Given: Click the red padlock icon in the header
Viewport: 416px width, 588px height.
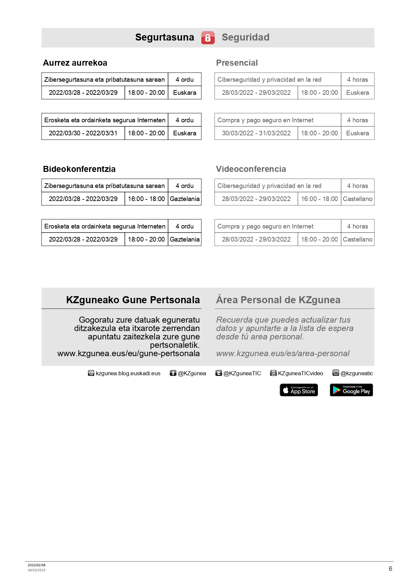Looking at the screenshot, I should point(208,38).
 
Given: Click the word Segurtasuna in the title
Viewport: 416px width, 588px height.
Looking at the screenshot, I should point(164,37).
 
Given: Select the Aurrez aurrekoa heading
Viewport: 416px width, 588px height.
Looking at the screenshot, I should point(75,63).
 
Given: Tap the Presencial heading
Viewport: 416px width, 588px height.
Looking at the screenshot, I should point(237,63).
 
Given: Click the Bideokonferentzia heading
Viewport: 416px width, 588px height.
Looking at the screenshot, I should point(79,169).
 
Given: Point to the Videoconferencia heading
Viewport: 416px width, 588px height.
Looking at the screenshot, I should point(251,169).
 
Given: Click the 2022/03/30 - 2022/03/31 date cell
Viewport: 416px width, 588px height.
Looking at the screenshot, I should point(83,133).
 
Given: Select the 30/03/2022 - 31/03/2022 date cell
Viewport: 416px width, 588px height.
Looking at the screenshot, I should point(256,133).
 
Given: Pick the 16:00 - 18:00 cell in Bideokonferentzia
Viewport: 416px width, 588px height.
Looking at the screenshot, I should point(146,199).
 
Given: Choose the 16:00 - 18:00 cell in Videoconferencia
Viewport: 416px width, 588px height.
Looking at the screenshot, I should point(319,199).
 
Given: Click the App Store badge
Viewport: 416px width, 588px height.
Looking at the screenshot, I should point(299,390).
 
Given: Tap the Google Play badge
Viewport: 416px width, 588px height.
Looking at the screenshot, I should point(351,390).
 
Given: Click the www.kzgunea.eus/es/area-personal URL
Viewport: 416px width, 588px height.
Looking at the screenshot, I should point(283,353).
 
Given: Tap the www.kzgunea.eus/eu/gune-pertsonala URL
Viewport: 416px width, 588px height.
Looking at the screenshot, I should point(128,353).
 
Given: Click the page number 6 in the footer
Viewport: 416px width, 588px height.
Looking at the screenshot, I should point(391,569).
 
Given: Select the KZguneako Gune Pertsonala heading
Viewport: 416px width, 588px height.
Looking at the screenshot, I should point(133,300).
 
